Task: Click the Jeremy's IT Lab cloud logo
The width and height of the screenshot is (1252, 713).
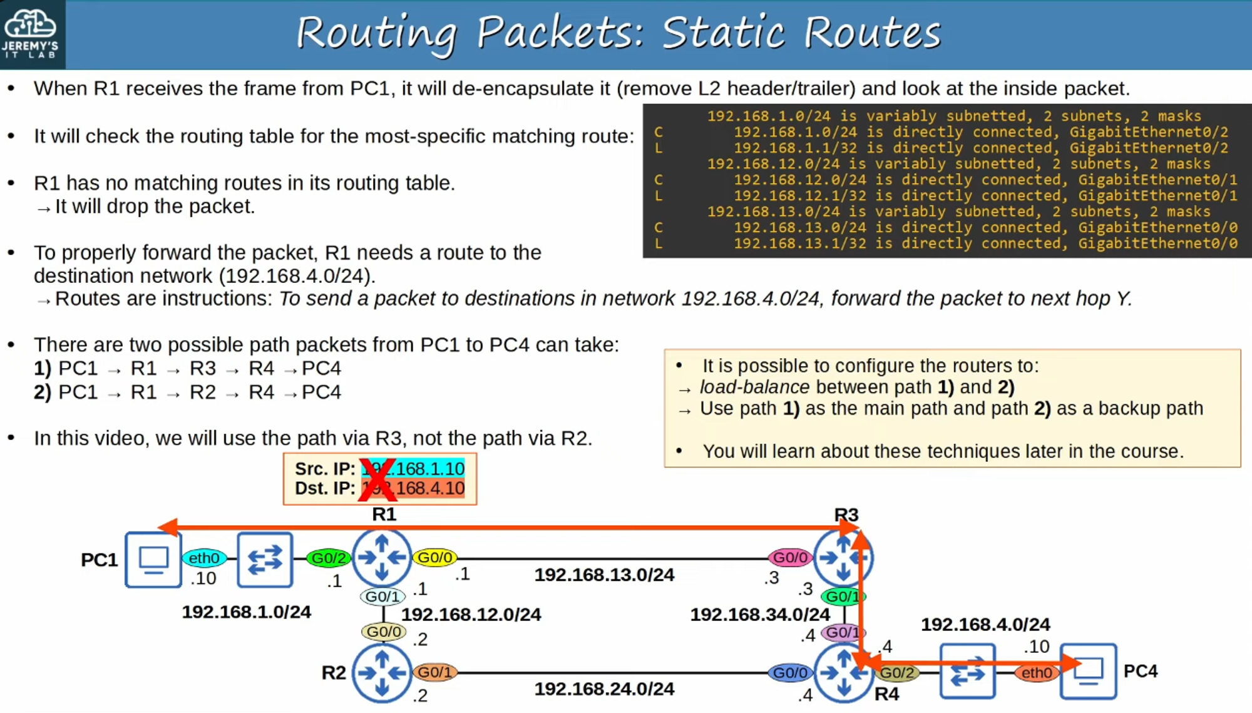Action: [x=30, y=25]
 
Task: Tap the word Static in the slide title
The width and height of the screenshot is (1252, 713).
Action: [x=723, y=33]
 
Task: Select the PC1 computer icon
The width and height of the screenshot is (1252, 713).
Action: [x=153, y=560]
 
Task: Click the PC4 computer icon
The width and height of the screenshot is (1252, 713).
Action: [x=1089, y=671]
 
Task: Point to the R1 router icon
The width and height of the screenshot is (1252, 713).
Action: [x=382, y=557]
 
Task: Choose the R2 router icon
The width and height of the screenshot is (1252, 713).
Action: [x=382, y=673]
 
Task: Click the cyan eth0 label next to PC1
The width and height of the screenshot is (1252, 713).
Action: [x=204, y=558]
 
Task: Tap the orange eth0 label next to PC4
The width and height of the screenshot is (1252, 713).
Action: [x=1037, y=673]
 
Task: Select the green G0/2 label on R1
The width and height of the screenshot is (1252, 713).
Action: [x=329, y=558]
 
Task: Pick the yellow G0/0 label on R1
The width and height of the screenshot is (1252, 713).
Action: [x=435, y=557]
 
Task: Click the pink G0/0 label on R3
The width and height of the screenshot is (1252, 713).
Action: [x=791, y=557]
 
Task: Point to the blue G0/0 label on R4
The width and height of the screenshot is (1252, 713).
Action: [x=791, y=673]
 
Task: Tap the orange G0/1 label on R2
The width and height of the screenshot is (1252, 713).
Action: [x=435, y=672]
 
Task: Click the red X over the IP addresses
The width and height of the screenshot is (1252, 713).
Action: [x=378, y=480]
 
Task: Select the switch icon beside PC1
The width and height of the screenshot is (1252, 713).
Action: [x=265, y=560]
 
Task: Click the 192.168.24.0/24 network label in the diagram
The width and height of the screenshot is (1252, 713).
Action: [x=604, y=689]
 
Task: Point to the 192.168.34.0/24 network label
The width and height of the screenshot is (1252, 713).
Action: [x=760, y=615]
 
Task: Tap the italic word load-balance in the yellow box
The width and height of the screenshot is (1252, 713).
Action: [x=754, y=387]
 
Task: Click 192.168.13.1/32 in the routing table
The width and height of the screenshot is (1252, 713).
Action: [x=800, y=244]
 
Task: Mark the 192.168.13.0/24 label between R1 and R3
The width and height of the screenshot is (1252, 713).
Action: [x=604, y=575]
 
